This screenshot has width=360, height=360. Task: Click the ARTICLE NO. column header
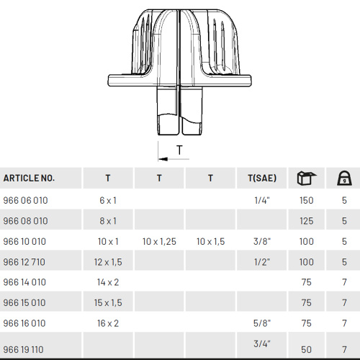pyautogui.click(x=29, y=178)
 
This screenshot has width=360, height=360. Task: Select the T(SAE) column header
pyautogui.click(x=262, y=178)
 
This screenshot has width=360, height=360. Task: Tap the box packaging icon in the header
pyautogui.click(x=307, y=178)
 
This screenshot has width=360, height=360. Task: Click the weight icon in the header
pyautogui.click(x=344, y=178)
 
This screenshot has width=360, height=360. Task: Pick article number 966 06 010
pyautogui.click(x=25, y=200)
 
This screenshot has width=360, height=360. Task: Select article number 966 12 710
pyautogui.click(x=24, y=262)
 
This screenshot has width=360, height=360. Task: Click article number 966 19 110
pyautogui.click(x=24, y=350)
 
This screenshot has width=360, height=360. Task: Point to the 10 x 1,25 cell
pyautogui.click(x=159, y=241)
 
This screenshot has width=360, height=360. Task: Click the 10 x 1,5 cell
pyautogui.click(x=211, y=241)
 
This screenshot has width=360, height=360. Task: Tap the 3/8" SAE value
pyautogui.click(x=262, y=241)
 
